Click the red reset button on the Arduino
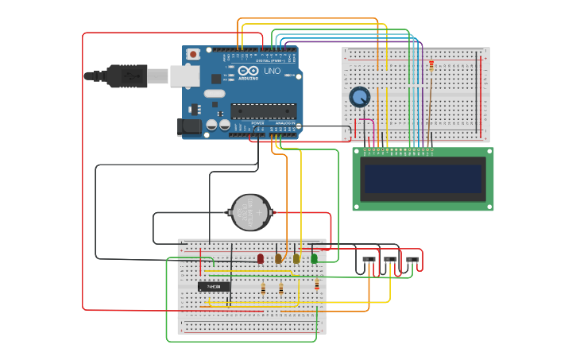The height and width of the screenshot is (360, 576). (x=193, y=54)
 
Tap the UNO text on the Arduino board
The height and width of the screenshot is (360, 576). (x=273, y=71)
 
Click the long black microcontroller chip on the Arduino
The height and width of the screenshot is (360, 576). (x=263, y=110)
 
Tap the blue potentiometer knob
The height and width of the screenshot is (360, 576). (x=360, y=98)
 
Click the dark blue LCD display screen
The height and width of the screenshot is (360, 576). (x=423, y=179)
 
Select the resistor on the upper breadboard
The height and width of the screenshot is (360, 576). (x=431, y=66)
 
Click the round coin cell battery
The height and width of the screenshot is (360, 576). (x=250, y=212)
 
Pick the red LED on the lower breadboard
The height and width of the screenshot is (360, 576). (x=260, y=258)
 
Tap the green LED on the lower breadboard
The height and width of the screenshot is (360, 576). (x=314, y=258)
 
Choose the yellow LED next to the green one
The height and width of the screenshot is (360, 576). (x=296, y=258)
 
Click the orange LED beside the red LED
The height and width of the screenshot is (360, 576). (x=278, y=258)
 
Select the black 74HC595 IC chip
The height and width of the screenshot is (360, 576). (x=214, y=286)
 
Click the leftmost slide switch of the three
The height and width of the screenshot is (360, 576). (x=369, y=259)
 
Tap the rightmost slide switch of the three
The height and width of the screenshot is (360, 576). (x=412, y=259)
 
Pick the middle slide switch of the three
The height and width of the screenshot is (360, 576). (x=390, y=259)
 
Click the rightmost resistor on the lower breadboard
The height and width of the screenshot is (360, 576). (x=317, y=285)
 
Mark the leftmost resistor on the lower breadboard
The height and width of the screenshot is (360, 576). (x=263, y=289)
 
